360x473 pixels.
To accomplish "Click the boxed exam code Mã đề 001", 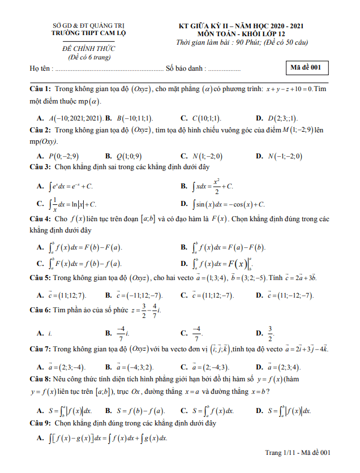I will point(306,67).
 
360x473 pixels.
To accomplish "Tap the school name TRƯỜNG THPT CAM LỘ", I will point(88,33).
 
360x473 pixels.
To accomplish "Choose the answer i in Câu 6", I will point(50,333).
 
